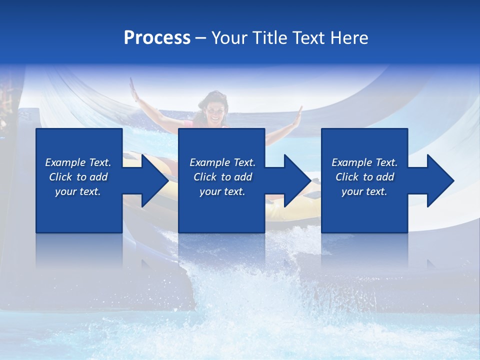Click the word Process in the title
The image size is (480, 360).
157,38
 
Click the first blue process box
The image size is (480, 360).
79,210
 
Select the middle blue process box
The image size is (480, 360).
221,210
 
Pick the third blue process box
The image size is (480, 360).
364,210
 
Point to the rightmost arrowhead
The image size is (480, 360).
439,180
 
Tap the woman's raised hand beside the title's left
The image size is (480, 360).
133,90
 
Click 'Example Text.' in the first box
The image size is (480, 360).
78,162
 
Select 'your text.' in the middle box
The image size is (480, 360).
222,191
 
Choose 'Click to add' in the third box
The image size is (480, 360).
364,177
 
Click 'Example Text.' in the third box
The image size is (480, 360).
364,162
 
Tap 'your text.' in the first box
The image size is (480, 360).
78,191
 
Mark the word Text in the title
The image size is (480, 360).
309,38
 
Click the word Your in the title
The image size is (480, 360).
229,38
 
